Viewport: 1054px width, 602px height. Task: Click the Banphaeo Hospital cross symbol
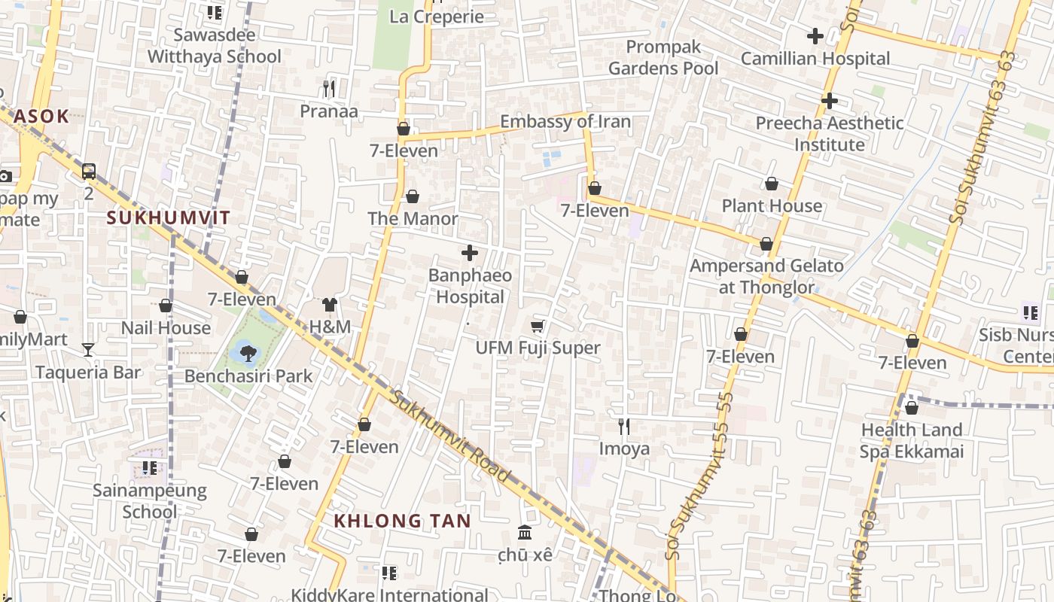(x=470, y=253)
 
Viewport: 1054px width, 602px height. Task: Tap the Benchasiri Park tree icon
(x=247, y=351)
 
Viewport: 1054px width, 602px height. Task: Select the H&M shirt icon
(x=330, y=305)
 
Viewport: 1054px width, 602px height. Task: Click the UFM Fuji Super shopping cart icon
(x=538, y=326)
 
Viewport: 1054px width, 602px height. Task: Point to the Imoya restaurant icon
(x=623, y=427)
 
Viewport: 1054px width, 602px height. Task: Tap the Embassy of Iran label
(x=565, y=121)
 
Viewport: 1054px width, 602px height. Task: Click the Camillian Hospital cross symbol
(x=815, y=35)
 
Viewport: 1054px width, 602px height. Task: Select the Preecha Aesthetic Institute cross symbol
(x=830, y=100)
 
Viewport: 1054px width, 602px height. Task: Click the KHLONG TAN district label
(x=402, y=521)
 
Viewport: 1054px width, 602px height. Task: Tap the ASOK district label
(x=41, y=116)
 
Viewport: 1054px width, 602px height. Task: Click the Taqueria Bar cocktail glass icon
(x=88, y=349)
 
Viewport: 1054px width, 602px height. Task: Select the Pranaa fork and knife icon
(x=328, y=89)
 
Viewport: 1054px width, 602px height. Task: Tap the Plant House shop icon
(x=772, y=184)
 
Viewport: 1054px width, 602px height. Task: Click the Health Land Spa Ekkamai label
(x=912, y=441)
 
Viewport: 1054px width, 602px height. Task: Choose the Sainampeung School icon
(x=150, y=468)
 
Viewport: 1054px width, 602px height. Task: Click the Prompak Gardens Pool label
(x=663, y=57)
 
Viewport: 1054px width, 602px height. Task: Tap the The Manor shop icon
(x=413, y=197)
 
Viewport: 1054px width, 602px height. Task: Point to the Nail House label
(x=166, y=328)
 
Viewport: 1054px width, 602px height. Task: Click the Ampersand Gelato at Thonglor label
(x=766, y=276)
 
